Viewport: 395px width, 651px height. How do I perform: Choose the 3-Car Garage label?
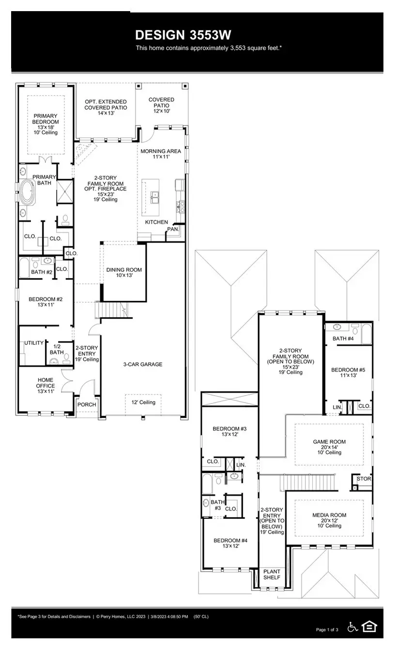pos(142,364)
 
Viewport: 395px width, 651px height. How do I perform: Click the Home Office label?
pos(46,386)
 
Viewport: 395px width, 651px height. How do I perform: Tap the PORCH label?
pos(87,405)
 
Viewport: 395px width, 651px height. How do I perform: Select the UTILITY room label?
pos(34,343)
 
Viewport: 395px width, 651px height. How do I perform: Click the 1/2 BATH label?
pos(56,349)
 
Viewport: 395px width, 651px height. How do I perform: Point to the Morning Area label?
pos(161,154)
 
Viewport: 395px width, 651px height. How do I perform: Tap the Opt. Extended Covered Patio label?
pos(106,107)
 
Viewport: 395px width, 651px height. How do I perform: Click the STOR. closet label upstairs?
pos(364,479)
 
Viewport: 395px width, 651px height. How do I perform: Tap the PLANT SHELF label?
pos(272,574)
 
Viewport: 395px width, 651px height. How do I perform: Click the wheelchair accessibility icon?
pos(353,627)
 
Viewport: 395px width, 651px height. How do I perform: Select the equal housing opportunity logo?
pos(369,627)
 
